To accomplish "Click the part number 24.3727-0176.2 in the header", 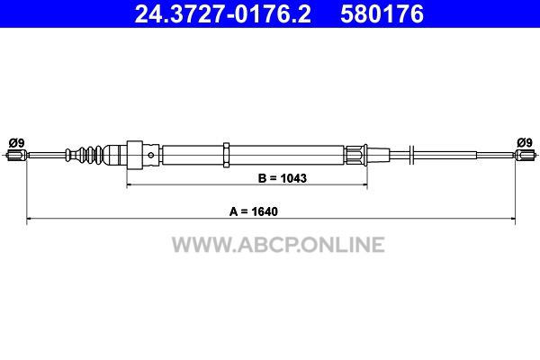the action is (222, 13).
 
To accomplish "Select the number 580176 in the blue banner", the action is (382, 13).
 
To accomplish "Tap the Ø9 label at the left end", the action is (16, 142).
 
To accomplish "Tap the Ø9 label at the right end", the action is (525, 142).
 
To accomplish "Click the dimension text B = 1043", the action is (282, 178).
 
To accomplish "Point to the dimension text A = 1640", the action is (254, 211).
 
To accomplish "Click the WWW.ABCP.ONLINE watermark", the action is (278, 245).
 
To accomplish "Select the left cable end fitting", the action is (16, 156).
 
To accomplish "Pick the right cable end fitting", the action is (525, 155).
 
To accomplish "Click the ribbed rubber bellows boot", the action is (85, 155).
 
